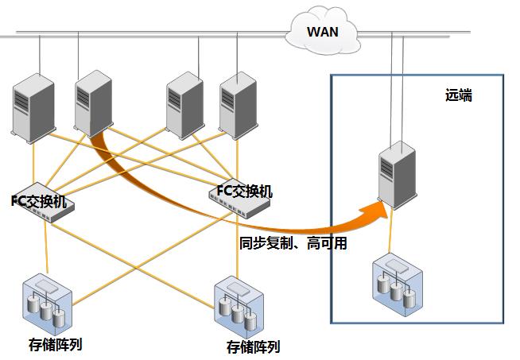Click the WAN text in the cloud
[x=323, y=32]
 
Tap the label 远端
[x=459, y=95]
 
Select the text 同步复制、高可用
[x=293, y=243]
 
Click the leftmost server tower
[x=33, y=108]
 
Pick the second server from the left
[x=94, y=103]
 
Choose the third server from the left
[x=185, y=105]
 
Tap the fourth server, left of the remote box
[x=239, y=105]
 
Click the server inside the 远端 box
[x=398, y=175]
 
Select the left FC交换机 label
[x=39, y=201]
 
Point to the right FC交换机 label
[x=245, y=192]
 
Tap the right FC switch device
[x=239, y=201]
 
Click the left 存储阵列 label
[x=55, y=345]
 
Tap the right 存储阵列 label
[x=254, y=347]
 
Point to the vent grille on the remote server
[x=386, y=168]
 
